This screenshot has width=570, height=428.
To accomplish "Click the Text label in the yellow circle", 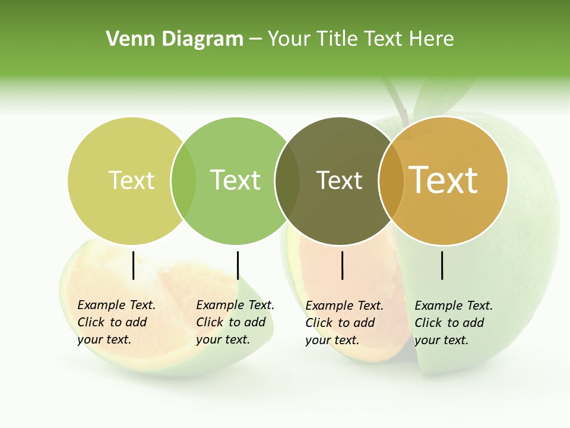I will point(131,180).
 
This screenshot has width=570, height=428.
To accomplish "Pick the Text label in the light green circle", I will point(235,180).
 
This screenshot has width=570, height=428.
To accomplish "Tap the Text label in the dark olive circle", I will point(339,180).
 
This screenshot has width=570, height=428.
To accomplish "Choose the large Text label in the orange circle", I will point(444,180).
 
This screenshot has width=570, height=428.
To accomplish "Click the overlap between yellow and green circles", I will point(183,180).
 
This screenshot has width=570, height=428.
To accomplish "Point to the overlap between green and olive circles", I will point(287,180).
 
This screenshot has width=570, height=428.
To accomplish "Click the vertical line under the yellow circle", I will point(133,265).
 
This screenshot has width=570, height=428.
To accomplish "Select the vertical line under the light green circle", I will point(237,265).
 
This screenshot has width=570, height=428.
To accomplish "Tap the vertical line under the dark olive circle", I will point(342,265).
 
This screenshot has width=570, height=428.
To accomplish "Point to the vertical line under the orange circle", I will point(442,265).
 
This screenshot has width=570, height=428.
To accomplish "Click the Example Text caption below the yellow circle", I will point(116,322).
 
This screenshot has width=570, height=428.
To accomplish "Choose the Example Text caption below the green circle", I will point(235,322).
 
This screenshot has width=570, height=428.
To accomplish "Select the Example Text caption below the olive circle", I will point(344,323).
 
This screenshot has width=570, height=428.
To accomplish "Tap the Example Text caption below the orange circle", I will point(454,323).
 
